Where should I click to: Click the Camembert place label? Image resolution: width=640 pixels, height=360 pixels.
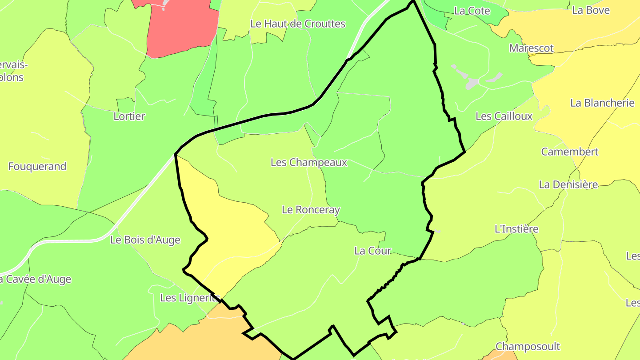569,152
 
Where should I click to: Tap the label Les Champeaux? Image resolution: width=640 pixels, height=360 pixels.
308,163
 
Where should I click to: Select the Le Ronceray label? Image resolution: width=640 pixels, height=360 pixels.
311,210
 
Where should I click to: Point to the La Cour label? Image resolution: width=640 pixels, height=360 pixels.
372,251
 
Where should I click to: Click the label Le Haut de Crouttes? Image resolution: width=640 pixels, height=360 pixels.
298,24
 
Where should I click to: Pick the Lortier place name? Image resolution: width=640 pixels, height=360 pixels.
129,116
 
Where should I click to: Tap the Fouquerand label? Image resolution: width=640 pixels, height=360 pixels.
37,167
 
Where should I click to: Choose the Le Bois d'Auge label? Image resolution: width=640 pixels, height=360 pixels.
145,240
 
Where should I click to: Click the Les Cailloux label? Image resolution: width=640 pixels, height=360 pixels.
504,116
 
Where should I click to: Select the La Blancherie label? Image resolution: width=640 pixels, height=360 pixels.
602,103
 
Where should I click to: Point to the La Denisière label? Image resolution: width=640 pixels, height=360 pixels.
568,184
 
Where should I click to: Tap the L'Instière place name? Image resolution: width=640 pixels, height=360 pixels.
516,229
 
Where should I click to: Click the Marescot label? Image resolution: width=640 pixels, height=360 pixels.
531,48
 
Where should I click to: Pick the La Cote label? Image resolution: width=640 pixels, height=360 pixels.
472,11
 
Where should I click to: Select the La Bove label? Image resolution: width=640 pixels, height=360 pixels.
591,11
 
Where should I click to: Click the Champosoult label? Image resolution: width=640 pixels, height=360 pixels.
528,346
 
